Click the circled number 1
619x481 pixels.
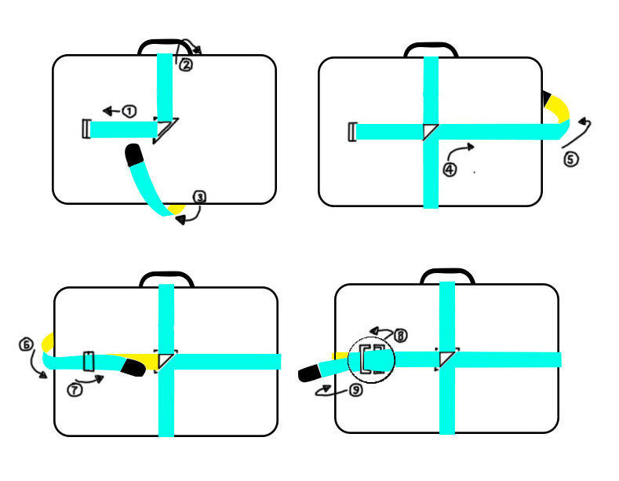coord(129,111)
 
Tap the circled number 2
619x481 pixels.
coord(186,65)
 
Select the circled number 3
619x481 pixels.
coord(199,198)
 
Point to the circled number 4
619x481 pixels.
coord(450,169)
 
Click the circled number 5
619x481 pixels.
coord(570,159)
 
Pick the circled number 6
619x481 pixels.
coord(26,344)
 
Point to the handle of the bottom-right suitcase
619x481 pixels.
coord(447,275)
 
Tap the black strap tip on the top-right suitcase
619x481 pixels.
coord(548,99)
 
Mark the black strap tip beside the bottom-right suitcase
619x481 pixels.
coord(310,373)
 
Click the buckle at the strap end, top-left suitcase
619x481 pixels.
coord(86,129)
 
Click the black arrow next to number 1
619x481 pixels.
coord(110,111)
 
